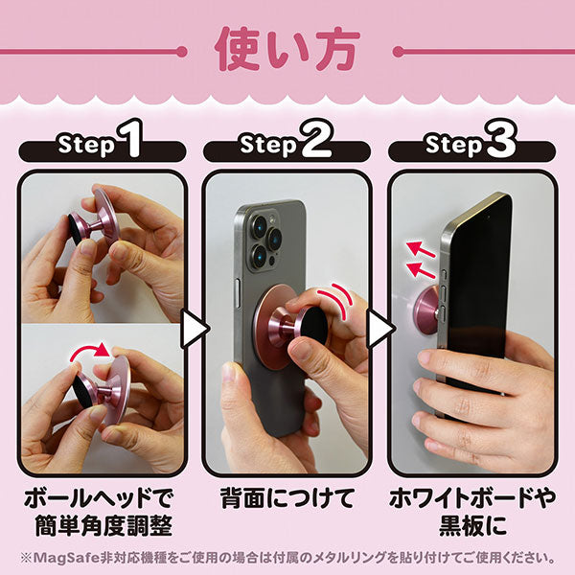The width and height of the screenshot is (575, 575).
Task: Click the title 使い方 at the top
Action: (x=287, y=49)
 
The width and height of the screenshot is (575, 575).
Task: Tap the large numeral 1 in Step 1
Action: (x=129, y=139)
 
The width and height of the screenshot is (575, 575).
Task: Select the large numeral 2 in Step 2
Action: (x=315, y=139)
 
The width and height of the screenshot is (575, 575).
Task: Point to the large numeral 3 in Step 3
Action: (x=501, y=139)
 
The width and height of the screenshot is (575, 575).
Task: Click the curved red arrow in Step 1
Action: (x=90, y=350)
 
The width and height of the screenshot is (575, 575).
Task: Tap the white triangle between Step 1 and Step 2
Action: (x=195, y=329)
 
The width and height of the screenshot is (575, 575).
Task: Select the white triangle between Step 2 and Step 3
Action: (x=379, y=329)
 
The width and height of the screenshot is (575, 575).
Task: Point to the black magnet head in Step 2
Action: (x=312, y=325)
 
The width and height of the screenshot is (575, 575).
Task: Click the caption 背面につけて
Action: (x=287, y=497)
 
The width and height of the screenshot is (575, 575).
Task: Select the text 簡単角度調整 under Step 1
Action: (x=103, y=526)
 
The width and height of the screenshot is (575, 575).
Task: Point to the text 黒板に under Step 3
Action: (x=473, y=526)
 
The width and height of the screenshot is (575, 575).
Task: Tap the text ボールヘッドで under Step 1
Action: (x=99, y=497)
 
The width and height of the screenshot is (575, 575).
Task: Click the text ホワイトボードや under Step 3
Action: (x=473, y=497)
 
